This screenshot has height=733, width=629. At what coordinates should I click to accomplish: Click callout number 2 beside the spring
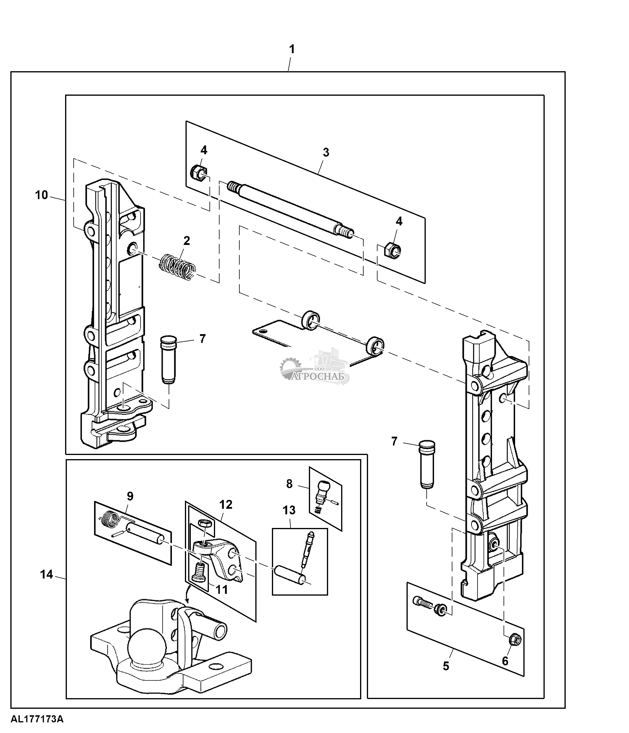(x=187, y=241)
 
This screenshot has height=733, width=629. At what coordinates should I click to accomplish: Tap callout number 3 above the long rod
(x=326, y=152)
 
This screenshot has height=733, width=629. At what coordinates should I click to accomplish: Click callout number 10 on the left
(x=41, y=195)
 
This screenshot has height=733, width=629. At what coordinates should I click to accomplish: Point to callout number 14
(x=46, y=575)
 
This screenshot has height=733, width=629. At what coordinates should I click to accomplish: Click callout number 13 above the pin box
(x=289, y=510)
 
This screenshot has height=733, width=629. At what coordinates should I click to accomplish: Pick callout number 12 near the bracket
(x=226, y=504)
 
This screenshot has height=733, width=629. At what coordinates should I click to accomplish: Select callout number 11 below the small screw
(x=222, y=589)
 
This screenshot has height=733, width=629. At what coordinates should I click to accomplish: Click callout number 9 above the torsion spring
(x=130, y=496)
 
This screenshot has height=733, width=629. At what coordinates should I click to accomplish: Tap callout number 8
(x=289, y=484)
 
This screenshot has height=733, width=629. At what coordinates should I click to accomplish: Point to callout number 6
(x=505, y=661)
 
